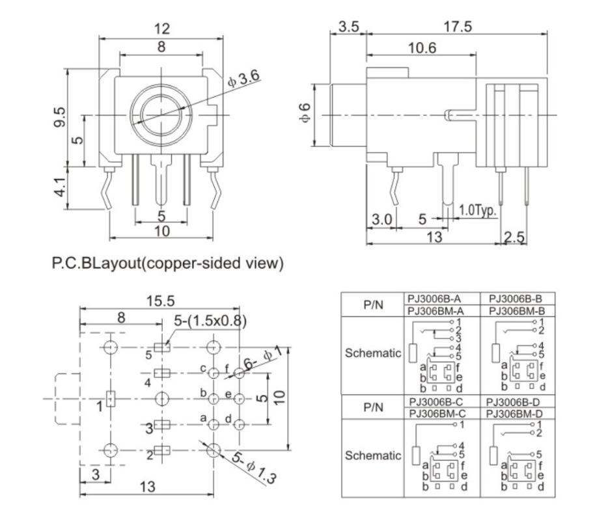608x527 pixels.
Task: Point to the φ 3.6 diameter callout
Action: pos(244,79)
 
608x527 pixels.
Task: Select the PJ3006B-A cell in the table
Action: pos(435,299)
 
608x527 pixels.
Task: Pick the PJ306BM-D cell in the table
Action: pos(514,413)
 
